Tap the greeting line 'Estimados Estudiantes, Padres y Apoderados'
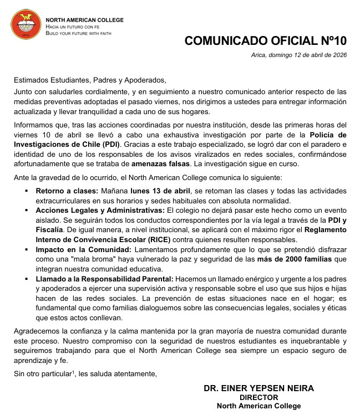(90, 79)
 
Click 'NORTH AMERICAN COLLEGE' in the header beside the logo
(84, 20)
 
